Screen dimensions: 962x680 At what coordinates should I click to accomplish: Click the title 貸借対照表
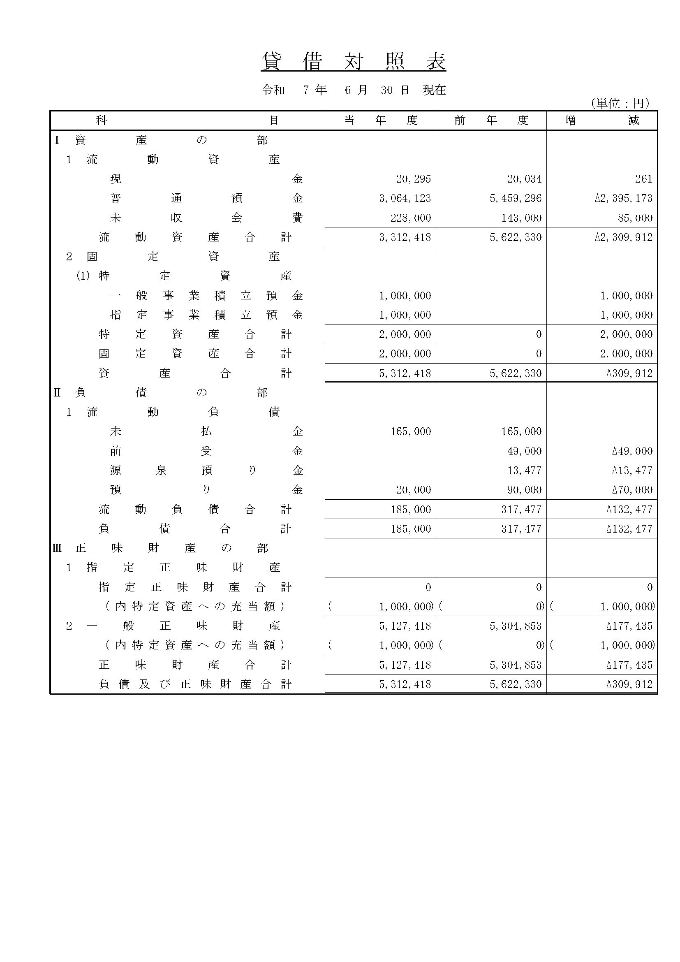click(354, 62)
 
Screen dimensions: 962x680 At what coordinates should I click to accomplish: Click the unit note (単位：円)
click(620, 103)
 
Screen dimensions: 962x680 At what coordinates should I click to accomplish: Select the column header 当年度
click(380, 121)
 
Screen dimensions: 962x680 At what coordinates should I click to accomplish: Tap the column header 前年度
click(491, 121)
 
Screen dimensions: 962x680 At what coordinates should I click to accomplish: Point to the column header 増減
click(602, 121)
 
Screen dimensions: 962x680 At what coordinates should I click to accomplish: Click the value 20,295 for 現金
click(413, 179)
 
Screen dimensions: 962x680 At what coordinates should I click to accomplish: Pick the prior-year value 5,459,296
click(516, 198)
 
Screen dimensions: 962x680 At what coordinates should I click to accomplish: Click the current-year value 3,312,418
click(405, 237)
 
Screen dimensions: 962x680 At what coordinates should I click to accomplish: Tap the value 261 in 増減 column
click(643, 179)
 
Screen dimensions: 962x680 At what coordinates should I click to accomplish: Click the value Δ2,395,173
click(624, 198)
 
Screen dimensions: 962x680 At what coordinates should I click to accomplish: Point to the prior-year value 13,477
click(524, 471)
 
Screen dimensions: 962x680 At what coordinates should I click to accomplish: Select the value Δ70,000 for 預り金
click(632, 490)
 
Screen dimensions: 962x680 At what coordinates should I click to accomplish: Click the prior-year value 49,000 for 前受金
click(524, 451)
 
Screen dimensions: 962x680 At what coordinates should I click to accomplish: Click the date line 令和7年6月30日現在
click(354, 90)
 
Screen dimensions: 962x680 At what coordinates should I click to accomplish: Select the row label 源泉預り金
click(206, 471)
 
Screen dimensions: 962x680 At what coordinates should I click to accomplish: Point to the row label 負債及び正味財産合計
click(195, 684)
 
